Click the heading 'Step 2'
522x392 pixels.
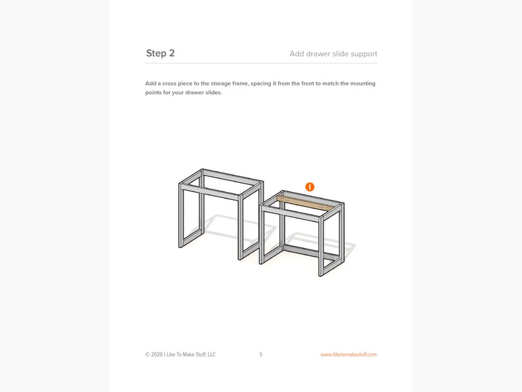pos(160,53)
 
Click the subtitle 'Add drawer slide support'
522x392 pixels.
pos(333,54)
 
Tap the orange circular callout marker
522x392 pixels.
pos(310,187)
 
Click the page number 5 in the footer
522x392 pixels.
pos(261,355)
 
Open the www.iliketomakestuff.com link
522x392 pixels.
pos(348,355)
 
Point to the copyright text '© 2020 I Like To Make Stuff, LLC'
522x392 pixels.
pos(180,355)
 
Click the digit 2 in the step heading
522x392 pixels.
pos(172,53)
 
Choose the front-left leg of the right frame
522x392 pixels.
pos(262,233)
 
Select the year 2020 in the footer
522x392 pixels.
pos(157,355)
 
